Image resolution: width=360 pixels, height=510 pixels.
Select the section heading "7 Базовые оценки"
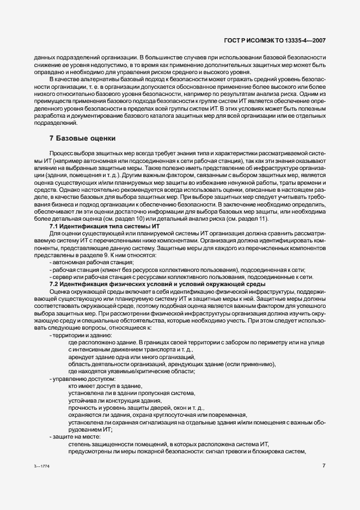tap(82, 139)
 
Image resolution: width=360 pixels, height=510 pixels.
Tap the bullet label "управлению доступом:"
tap(83, 378)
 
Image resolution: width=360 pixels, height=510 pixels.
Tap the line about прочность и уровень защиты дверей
tap(136, 408)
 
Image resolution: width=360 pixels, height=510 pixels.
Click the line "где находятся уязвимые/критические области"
tap(131, 371)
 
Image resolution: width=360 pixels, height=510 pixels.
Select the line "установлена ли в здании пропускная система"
tap(131, 392)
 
